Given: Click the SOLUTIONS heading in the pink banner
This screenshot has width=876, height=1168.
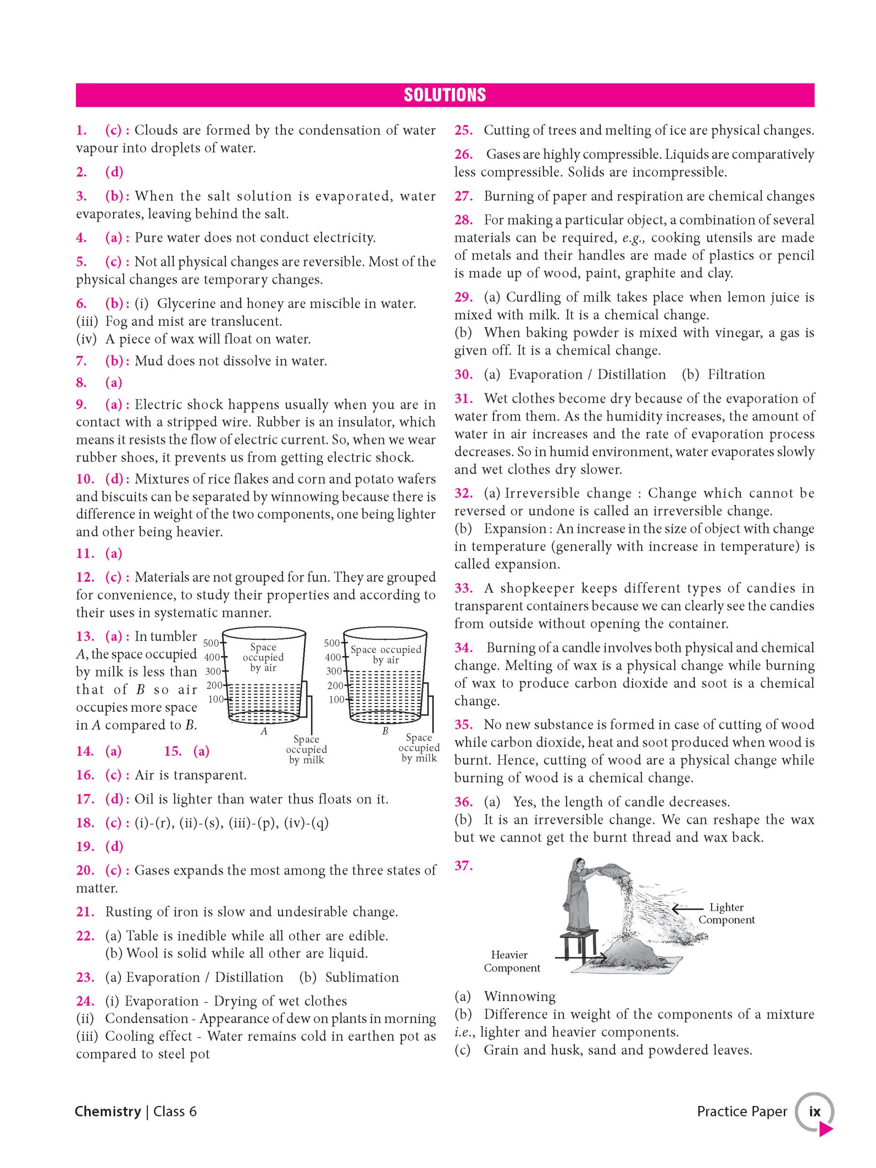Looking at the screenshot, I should coord(444,95).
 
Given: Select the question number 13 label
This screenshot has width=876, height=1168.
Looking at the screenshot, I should coord(84,637).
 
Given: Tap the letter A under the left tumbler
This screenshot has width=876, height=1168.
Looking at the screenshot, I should coord(264,731).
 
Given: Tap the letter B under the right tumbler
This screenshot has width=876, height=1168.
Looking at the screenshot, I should coord(385,731).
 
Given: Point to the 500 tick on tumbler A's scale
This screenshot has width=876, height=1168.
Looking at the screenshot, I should coord(211,643).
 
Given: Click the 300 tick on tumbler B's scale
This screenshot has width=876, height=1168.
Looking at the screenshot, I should coord(333,671).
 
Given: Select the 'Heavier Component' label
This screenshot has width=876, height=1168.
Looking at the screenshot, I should coord(511,961).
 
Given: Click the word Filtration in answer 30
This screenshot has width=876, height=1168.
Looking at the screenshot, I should coord(736,375).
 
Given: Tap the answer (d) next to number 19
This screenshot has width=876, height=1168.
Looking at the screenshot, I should coord(114,846).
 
